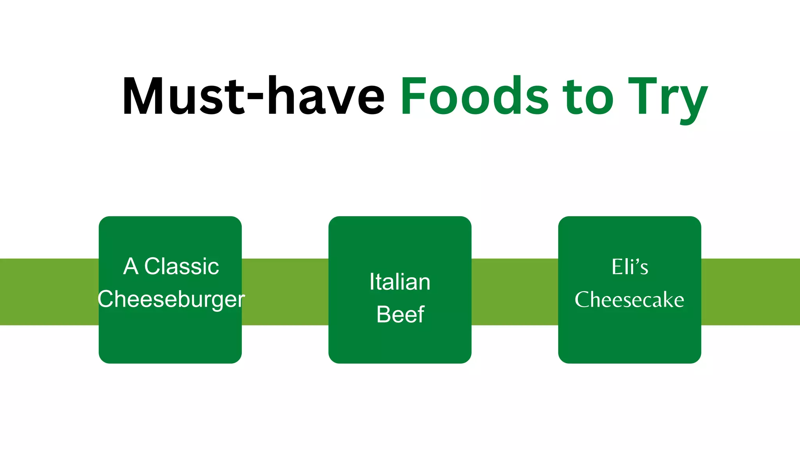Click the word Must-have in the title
point(253,96)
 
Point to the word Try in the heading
point(668,98)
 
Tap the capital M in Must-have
point(143,96)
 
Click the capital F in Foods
point(412,96)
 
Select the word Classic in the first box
point(182,267)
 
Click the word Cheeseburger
point(171,300)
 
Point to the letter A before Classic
point(131,267)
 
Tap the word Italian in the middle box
point(400,282)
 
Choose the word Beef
point(400,314)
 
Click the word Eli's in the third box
point(630,267)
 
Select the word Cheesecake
point(629,300)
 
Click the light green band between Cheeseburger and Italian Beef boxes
point(285,292)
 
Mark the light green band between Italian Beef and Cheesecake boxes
point(515,292)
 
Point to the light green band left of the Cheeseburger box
point(49,292)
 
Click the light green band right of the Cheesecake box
point(750,292)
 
